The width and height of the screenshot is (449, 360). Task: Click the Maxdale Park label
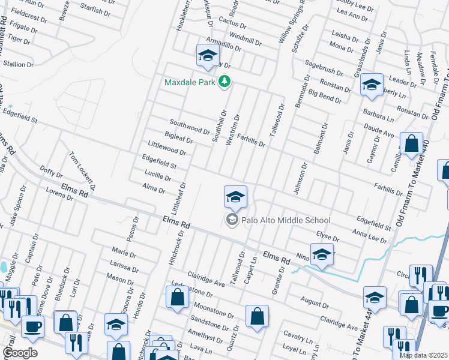coord(191,81)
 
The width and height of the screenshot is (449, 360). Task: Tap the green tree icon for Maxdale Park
coord(224,81)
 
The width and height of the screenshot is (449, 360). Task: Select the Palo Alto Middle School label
coord(286,220)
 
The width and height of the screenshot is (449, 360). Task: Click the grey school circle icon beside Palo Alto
coord(232,220)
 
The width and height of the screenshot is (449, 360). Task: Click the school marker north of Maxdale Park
coord(208,56)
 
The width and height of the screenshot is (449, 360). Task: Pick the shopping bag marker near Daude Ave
coord(411,144)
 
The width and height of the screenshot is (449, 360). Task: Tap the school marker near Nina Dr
coord(322,254)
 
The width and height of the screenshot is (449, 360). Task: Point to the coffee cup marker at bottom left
coord(32,326)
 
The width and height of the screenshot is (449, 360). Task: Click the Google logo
coord(20,353)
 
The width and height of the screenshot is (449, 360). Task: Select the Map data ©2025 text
coord(424,355)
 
